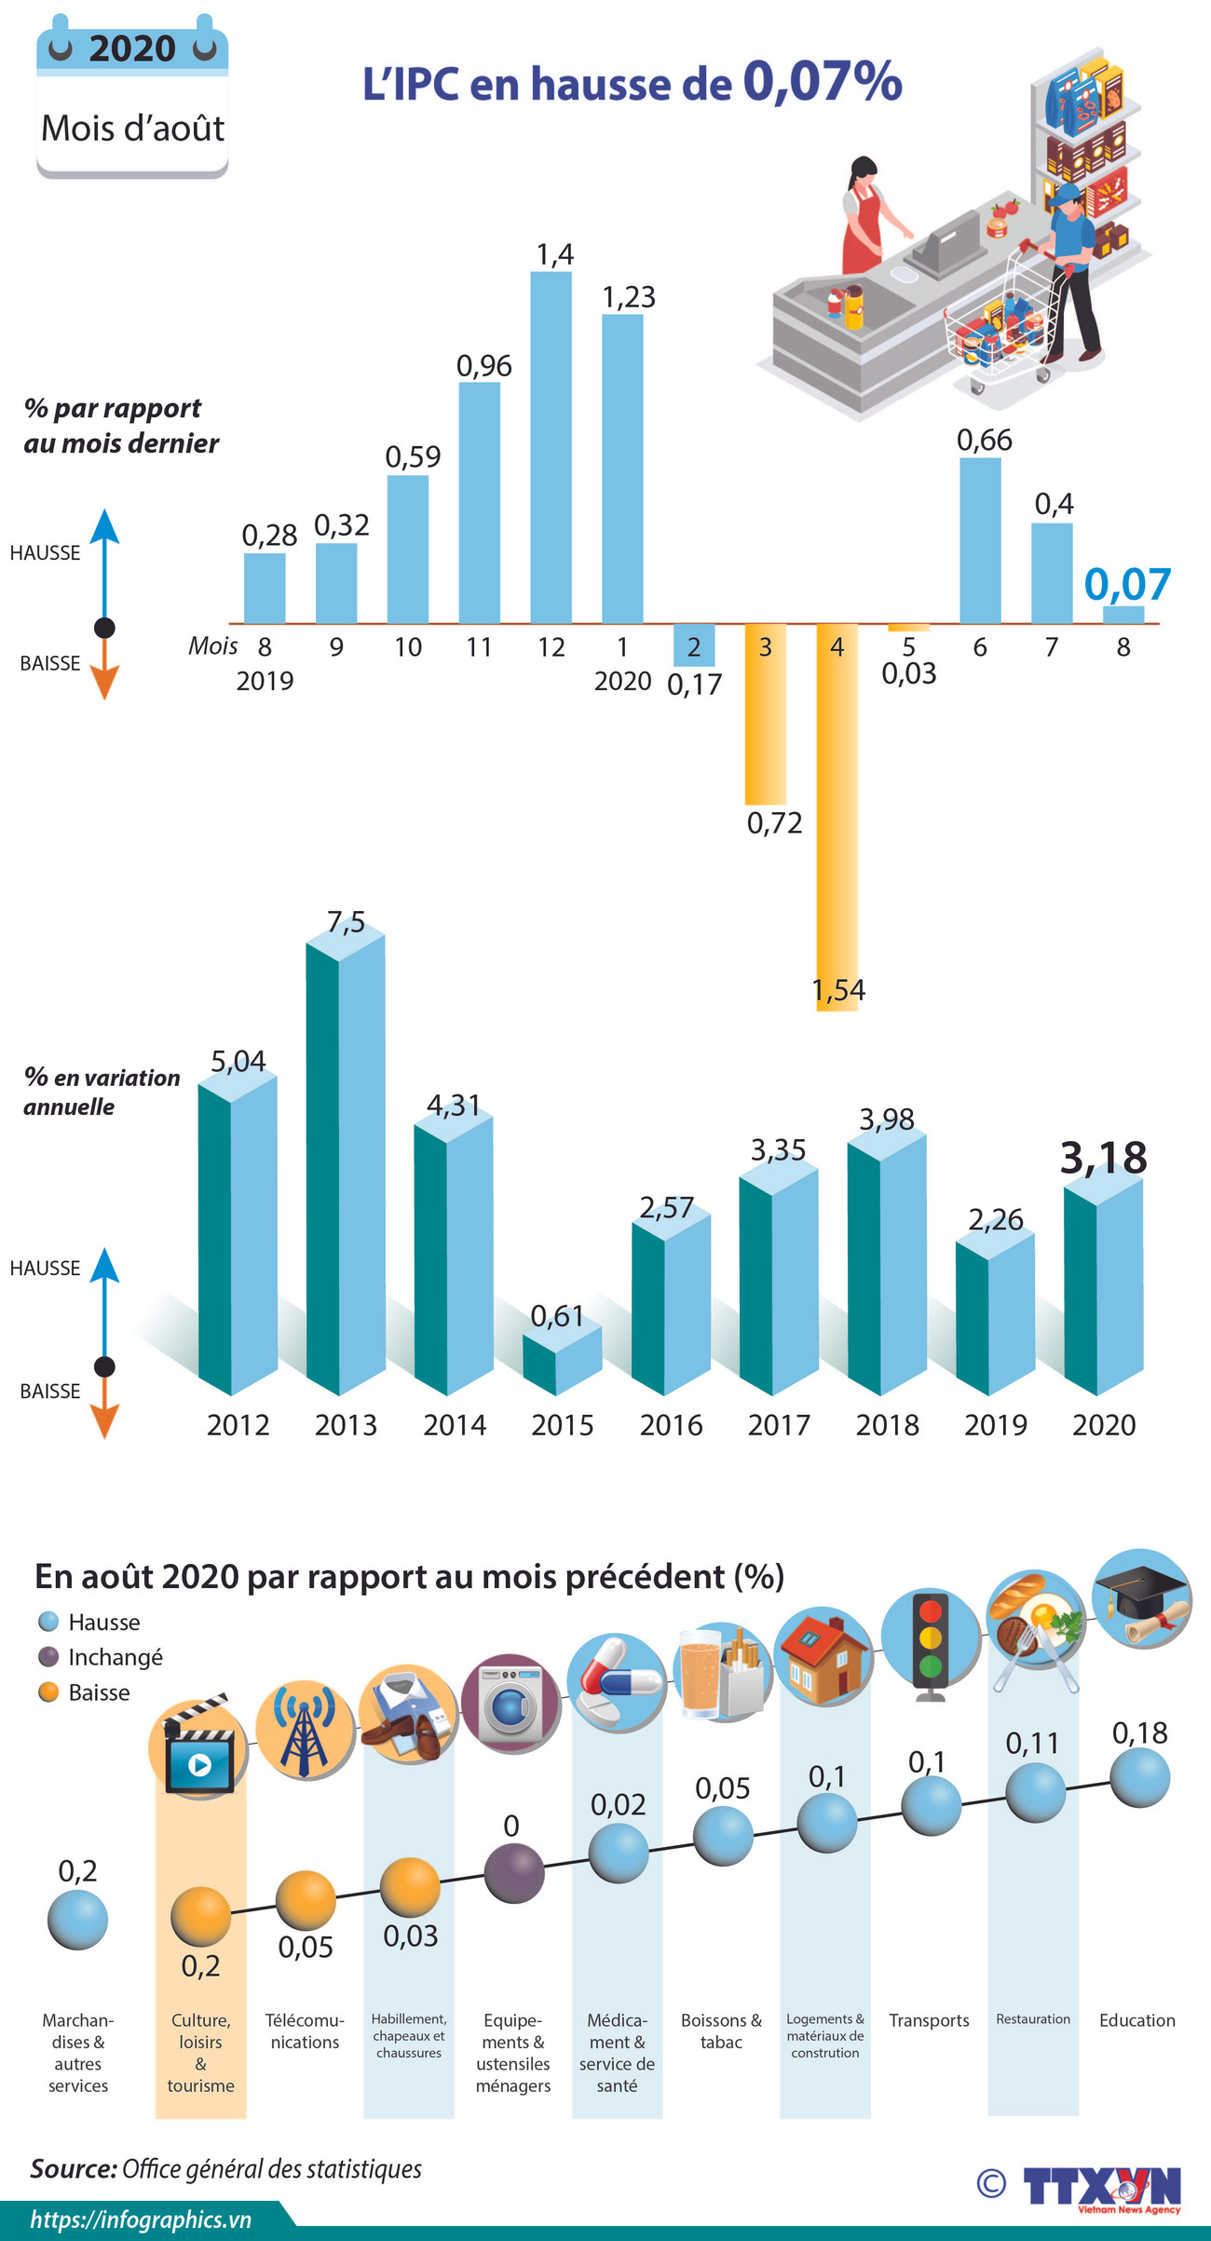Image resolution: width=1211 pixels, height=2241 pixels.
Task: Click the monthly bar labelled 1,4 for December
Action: pyautogui.click(x=551, y=447)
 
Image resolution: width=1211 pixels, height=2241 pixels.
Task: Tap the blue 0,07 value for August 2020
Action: pyautogui.click(x=1127, y=585)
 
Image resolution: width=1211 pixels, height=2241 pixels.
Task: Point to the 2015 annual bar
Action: pyautogui.click(x=562, y=1360)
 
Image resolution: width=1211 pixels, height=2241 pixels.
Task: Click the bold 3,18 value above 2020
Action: pyautogui.click(x=1104, y=1158)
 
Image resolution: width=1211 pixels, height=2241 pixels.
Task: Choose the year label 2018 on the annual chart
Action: pyautogui.click(x=887, y=1424)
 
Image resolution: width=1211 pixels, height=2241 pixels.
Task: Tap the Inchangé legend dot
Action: pyautogui.click(x=48, y=1657)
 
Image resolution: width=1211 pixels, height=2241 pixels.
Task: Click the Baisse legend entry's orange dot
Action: pyautogui.click(x=48, y=1692)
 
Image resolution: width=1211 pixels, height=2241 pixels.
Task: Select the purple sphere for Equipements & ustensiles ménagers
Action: pyautogui.click(x=514, y=1872)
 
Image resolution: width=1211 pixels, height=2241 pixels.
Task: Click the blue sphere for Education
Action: pyautogui.click(x=1139, y=1777)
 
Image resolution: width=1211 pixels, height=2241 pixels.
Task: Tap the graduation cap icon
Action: pyautogui.click(x=1141, y=1598)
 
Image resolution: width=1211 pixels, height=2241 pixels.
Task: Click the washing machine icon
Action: pyautogui.click(x=510, y=1704)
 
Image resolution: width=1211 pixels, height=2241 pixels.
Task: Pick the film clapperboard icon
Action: pyautogui.click(x=198, y=1747)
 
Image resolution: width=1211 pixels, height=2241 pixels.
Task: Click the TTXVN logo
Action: pyautogui.click(x=1101, y=2186)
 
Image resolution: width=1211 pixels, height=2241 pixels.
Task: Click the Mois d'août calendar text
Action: pyautogui.click(x=132, y=129)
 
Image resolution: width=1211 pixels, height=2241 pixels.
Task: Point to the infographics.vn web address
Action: pyautogui.click(x=141, y=2220)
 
